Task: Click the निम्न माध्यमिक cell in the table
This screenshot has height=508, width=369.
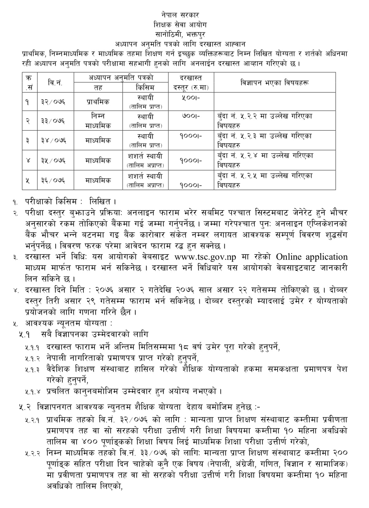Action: [x=98, y=121]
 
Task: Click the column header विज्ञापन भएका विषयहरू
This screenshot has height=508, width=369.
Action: [x=275, y=82]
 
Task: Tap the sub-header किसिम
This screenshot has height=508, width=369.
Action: [x=145, y=88]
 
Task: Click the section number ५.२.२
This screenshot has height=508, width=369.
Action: [x=32, y=454]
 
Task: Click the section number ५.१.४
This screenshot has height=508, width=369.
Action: [x=32, y=391]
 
